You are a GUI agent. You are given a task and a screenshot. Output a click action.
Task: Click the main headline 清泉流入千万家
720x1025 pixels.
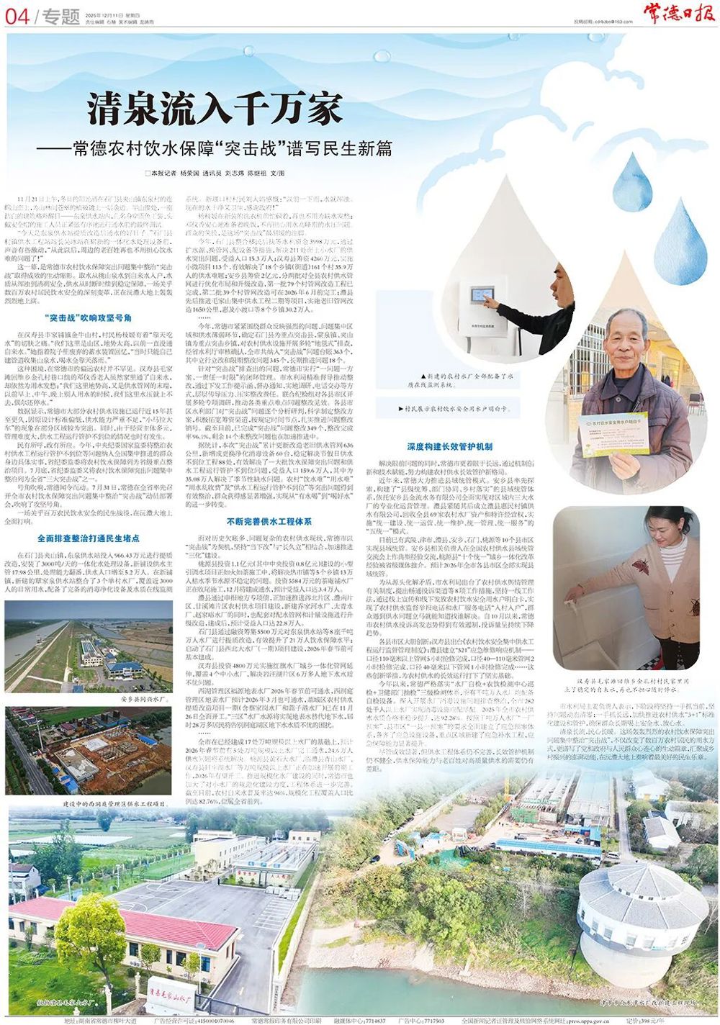coord(215,109)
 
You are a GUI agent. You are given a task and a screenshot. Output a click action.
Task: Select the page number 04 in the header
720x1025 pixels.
coord(17,16)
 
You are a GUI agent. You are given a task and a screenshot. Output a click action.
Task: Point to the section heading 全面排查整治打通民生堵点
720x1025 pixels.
coord(88,538)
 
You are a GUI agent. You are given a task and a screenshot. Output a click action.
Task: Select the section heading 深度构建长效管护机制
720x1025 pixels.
coord(449,446)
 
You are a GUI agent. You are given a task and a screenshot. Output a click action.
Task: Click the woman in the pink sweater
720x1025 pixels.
coord(666,576)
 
